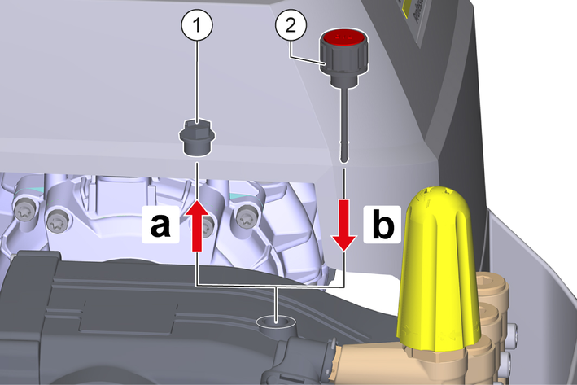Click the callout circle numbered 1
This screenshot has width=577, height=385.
[x=197, y=25]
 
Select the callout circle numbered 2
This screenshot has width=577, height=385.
[x=291, y=25]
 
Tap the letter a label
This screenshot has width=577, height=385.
[x=160, y=225]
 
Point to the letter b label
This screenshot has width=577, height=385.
[x=382, y=225]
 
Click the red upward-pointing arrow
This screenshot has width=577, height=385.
[x=197, y=225]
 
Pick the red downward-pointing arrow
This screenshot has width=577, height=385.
[x=343, y=225]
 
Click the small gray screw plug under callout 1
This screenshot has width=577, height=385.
[x=197, y=138]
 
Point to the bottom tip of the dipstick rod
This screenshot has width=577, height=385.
[x=343, y=160]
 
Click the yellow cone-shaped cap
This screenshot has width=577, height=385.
[x=438, y=269]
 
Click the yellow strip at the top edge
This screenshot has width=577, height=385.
[x=408, y=9]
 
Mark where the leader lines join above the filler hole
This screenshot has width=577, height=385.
[x=277, y=286]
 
